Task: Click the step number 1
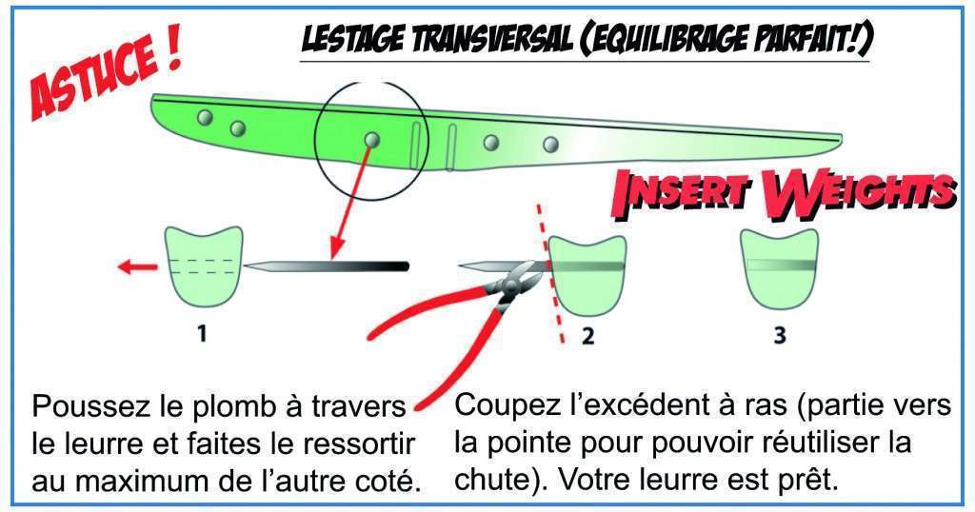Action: point(203,334)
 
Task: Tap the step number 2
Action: point(588,336)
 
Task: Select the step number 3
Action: point(779,336)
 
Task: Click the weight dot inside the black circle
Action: point(371,141)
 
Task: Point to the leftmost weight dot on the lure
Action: point(204,117)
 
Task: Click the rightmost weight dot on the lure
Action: point(550,145)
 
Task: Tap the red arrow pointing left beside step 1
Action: point(134,267)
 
